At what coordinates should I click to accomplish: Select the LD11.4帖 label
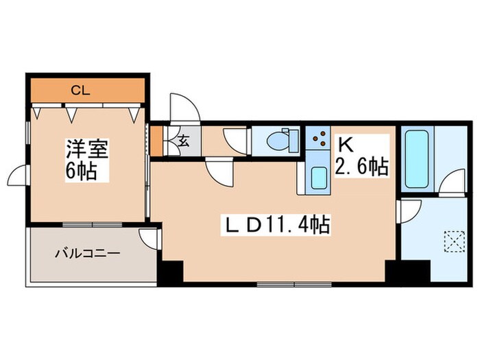272,223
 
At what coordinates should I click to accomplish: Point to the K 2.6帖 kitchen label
361,156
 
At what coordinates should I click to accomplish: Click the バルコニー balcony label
87,253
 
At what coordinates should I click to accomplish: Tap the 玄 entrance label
184,142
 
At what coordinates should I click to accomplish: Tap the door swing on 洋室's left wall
19,178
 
